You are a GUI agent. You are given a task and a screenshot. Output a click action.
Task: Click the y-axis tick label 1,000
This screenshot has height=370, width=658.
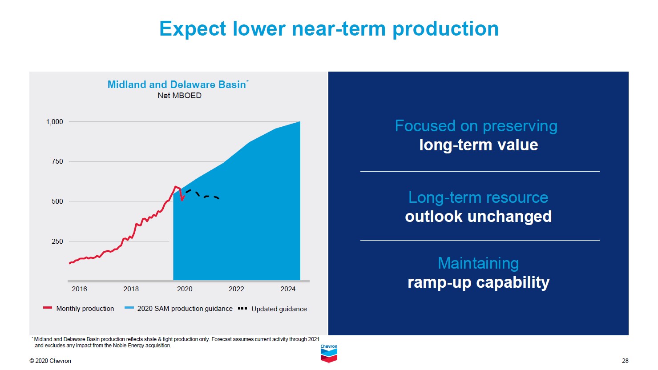pyautogui.click(x=55, y=122)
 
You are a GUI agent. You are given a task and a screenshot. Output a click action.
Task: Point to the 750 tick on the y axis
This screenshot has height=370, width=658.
pyautogui.click(x=57, y=161)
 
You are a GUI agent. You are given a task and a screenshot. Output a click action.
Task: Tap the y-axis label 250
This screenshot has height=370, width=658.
pyautogui.click(x=57, y=241)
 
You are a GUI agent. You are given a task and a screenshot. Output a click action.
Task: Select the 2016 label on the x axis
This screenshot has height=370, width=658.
pyautogui.click(x=79, y=289)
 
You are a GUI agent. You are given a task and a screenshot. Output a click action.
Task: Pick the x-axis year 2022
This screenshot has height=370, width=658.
pyautogui.click(x=236, y=289)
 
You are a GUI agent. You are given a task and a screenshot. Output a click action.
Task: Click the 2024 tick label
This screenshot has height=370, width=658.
pyautogui.click(x=288, y=289)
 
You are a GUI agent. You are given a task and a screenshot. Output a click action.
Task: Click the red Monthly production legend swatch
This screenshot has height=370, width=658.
pyautogui.click(x=48, y=308)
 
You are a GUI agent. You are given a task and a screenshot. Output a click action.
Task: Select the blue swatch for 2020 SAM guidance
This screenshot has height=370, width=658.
pyautogui.click(x=129, y=308)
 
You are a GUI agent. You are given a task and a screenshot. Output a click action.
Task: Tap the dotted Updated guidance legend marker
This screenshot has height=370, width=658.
pyautogui.click(x=242, y=308)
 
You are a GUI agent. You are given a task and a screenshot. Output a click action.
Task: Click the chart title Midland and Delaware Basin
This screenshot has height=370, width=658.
pyautogui.click(x=177, y=84)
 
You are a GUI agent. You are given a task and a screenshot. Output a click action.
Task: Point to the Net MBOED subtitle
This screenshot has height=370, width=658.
pyautogui.click(x=179, y=96)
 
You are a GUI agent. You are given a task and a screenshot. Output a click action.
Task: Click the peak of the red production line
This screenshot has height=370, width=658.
pyautogui.click(x=176, y=187)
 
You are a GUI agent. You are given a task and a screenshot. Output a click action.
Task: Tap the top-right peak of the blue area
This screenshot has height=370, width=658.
pyautogui.click(x=299, y=122)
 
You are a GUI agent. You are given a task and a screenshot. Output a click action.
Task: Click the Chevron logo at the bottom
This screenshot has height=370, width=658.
pyautogui.click(x=329, y=354)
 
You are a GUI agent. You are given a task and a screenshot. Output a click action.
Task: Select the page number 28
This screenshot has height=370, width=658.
pyautogui.click(x=625, y=361)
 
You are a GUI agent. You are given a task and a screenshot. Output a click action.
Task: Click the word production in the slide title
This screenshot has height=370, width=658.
pyautogui.click(x=445, y=29)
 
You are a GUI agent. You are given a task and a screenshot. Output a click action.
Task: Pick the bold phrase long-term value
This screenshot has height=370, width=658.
pyautogui.click(x=478, y=145)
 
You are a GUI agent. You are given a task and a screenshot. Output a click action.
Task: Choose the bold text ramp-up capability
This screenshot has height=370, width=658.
pyautogui.click(x=478, y=282)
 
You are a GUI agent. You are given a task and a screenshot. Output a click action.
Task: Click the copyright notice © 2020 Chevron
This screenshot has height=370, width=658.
pyautogui.click(x=50, y=361)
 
